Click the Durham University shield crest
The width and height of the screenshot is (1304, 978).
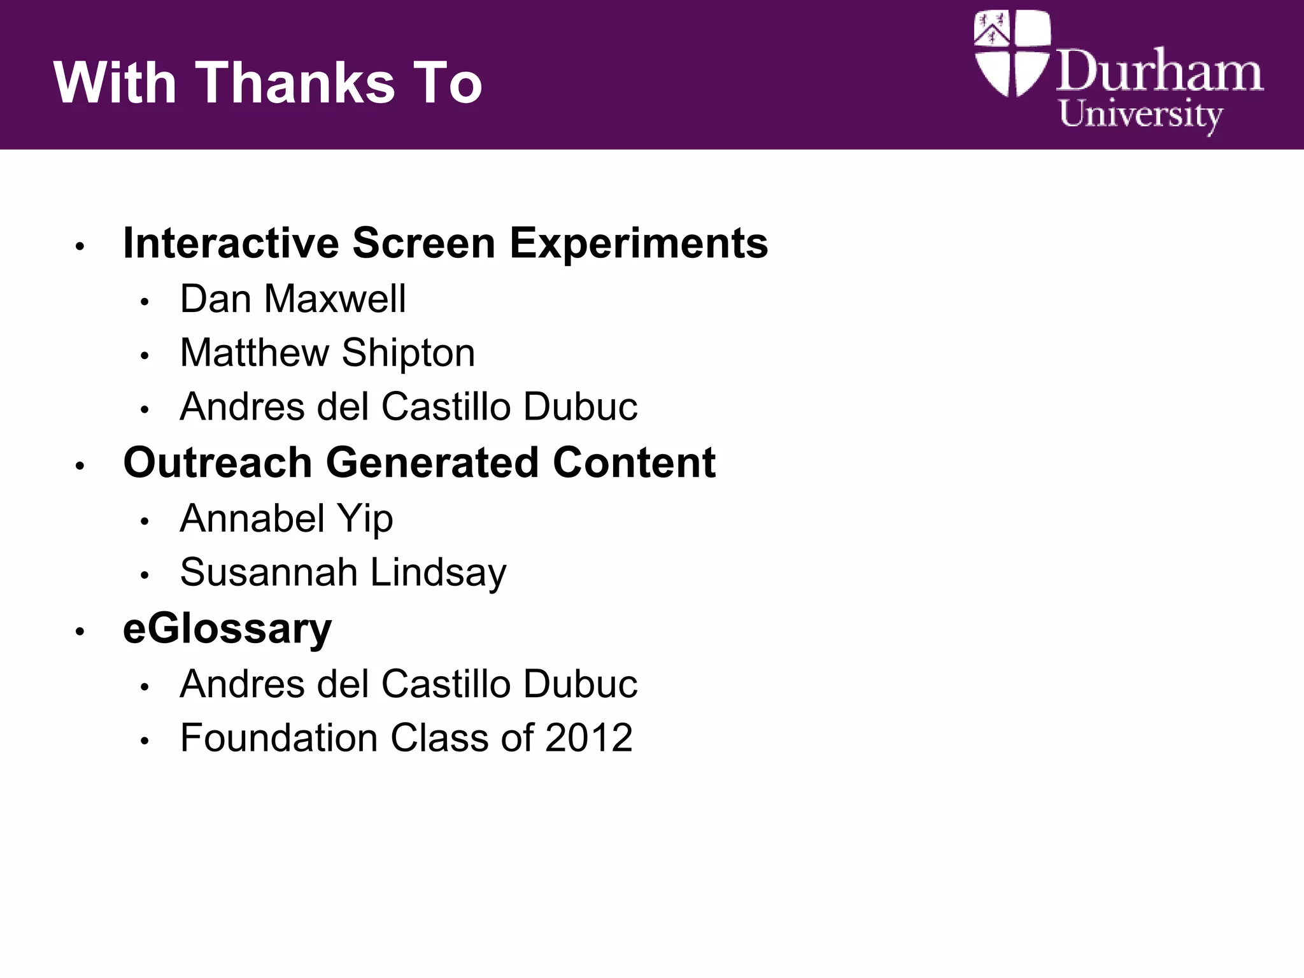point(1011,53)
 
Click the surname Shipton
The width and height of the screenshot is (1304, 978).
point(408,353)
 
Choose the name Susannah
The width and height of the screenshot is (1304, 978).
point(268,572)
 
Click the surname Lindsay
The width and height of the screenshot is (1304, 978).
point(438,573)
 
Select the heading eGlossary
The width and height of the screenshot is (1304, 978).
point(227,628)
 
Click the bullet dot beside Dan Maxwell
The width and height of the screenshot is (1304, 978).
point(145,301)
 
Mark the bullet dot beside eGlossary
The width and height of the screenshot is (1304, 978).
point(80,632)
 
